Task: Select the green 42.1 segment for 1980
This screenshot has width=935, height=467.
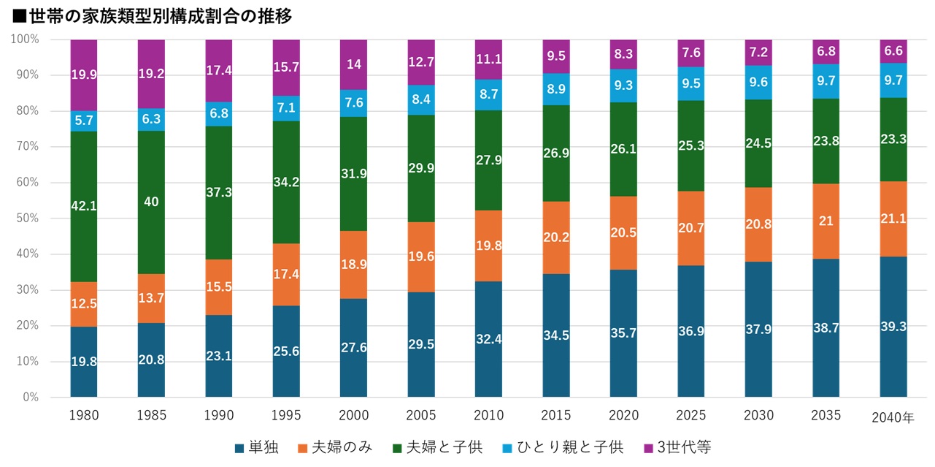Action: [x=84, y=206]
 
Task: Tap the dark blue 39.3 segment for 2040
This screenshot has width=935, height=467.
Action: [x=893, y=327]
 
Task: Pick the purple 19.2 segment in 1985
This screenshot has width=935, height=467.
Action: [x=151, y=74]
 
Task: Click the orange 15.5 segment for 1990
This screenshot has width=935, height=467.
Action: [x=219, y=287]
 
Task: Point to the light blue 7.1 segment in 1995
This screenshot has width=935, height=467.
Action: [x=286, y=108]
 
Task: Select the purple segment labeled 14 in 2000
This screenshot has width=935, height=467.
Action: [x=353, y=64]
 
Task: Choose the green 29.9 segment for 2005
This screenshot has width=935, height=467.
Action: [x=421, y=168]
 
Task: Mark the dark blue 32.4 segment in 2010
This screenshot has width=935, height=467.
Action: [x=488, y=339]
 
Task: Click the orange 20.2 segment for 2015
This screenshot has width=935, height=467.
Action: [x=555, y=238]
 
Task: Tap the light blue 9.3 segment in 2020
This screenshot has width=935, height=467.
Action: [x=623, y=86]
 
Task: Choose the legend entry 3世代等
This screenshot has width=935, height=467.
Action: [x=682, y=447]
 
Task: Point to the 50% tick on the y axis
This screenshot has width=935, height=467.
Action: [x=27, y=219]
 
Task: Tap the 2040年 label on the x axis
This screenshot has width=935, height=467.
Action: [x=892, y=417]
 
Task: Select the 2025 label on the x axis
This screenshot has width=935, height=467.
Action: [x=690, y=416]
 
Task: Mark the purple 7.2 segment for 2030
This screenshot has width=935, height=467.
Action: [x=758, y=53]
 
